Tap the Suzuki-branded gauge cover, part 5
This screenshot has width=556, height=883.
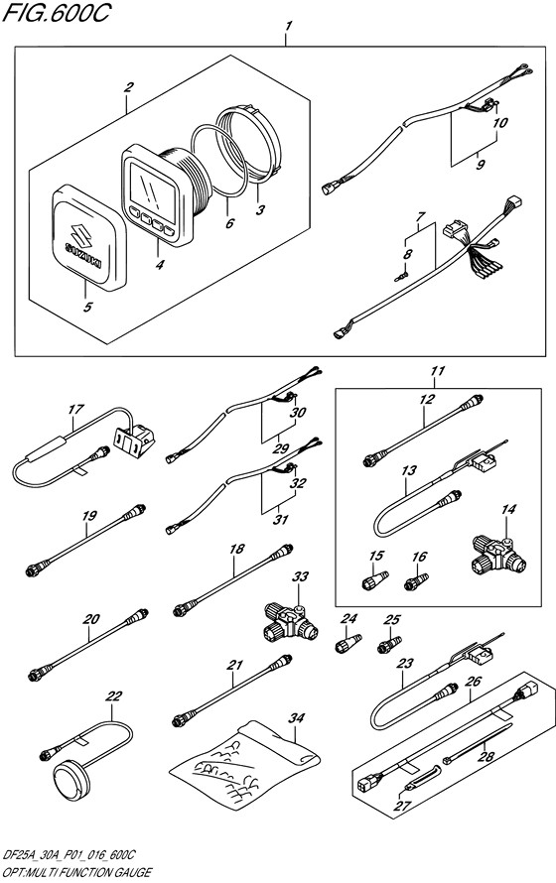click(87, 236)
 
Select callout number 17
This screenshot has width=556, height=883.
click(74, 409)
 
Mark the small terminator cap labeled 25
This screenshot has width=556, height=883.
click(387, 650)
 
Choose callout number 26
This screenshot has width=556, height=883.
click(474, 682)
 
